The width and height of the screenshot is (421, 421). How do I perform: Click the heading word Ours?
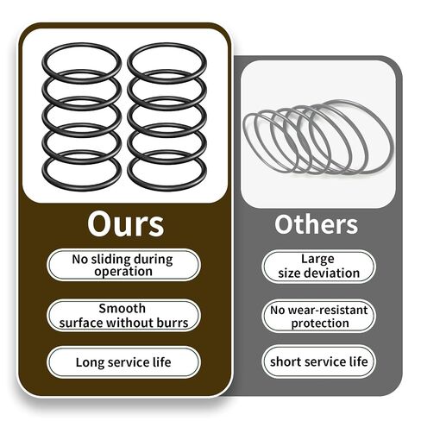click(x=126, y=224)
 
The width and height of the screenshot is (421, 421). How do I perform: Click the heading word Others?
click(x=317, y=224)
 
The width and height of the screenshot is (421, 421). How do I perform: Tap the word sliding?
click(x=110, y=260)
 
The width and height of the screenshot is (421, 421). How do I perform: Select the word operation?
click(x=123, y=272)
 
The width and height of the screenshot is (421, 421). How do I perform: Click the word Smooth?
click(x=123, y=309)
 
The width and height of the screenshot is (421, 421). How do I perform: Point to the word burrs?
click(x=173, y=323)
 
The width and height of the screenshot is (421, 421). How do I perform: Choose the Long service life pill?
click(x=123, y=362)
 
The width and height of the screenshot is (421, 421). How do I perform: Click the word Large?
click(x=317, y=260)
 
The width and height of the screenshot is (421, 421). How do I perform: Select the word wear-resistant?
click(x=328, y=311)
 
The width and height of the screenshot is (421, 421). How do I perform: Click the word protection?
click(x=320, y=324)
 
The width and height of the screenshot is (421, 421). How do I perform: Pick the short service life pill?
click(x=318, y=361)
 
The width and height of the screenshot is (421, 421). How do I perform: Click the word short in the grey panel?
click(x=283, y=361)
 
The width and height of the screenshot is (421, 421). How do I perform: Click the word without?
click(x=130, y=323)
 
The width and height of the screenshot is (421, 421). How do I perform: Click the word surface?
click(x=81, y=323)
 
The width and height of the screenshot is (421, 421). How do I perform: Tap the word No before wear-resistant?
click(x=278, y=311)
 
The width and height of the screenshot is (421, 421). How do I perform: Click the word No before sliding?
click(x=80, y=260)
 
